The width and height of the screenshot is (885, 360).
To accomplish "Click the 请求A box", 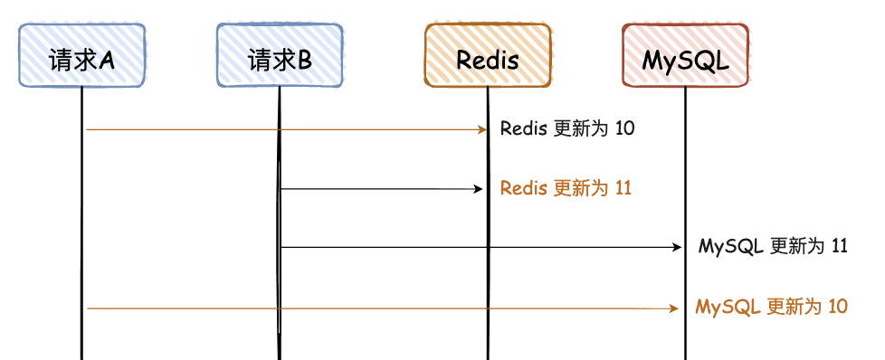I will [81, 55].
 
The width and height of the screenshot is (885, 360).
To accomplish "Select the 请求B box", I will [279, 55].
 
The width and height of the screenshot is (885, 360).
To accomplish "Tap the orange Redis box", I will [488, 55].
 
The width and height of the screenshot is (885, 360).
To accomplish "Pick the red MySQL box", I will [685, 55].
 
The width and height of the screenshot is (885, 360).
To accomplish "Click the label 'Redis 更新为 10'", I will [567, 128].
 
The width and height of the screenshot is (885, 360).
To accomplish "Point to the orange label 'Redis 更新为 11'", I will [566, 188].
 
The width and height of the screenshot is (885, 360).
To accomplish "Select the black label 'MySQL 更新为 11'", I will [773, 246].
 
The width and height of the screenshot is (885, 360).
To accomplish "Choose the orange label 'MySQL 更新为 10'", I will [772, 307].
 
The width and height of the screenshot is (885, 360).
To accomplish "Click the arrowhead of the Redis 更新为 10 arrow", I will [483, 129].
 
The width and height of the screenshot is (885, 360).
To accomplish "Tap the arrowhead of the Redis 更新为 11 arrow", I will [481, 189].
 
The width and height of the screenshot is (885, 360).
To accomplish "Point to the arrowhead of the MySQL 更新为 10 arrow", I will [674, 308].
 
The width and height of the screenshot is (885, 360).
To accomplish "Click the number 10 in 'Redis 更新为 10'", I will [624, 128].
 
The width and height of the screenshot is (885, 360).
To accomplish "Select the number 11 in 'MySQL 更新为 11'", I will [838, 246].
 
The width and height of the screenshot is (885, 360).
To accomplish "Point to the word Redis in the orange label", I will [524, 188].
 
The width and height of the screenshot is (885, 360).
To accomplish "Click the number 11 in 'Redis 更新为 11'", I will [623, 188].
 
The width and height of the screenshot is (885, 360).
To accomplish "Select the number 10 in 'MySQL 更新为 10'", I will [837, 307].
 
